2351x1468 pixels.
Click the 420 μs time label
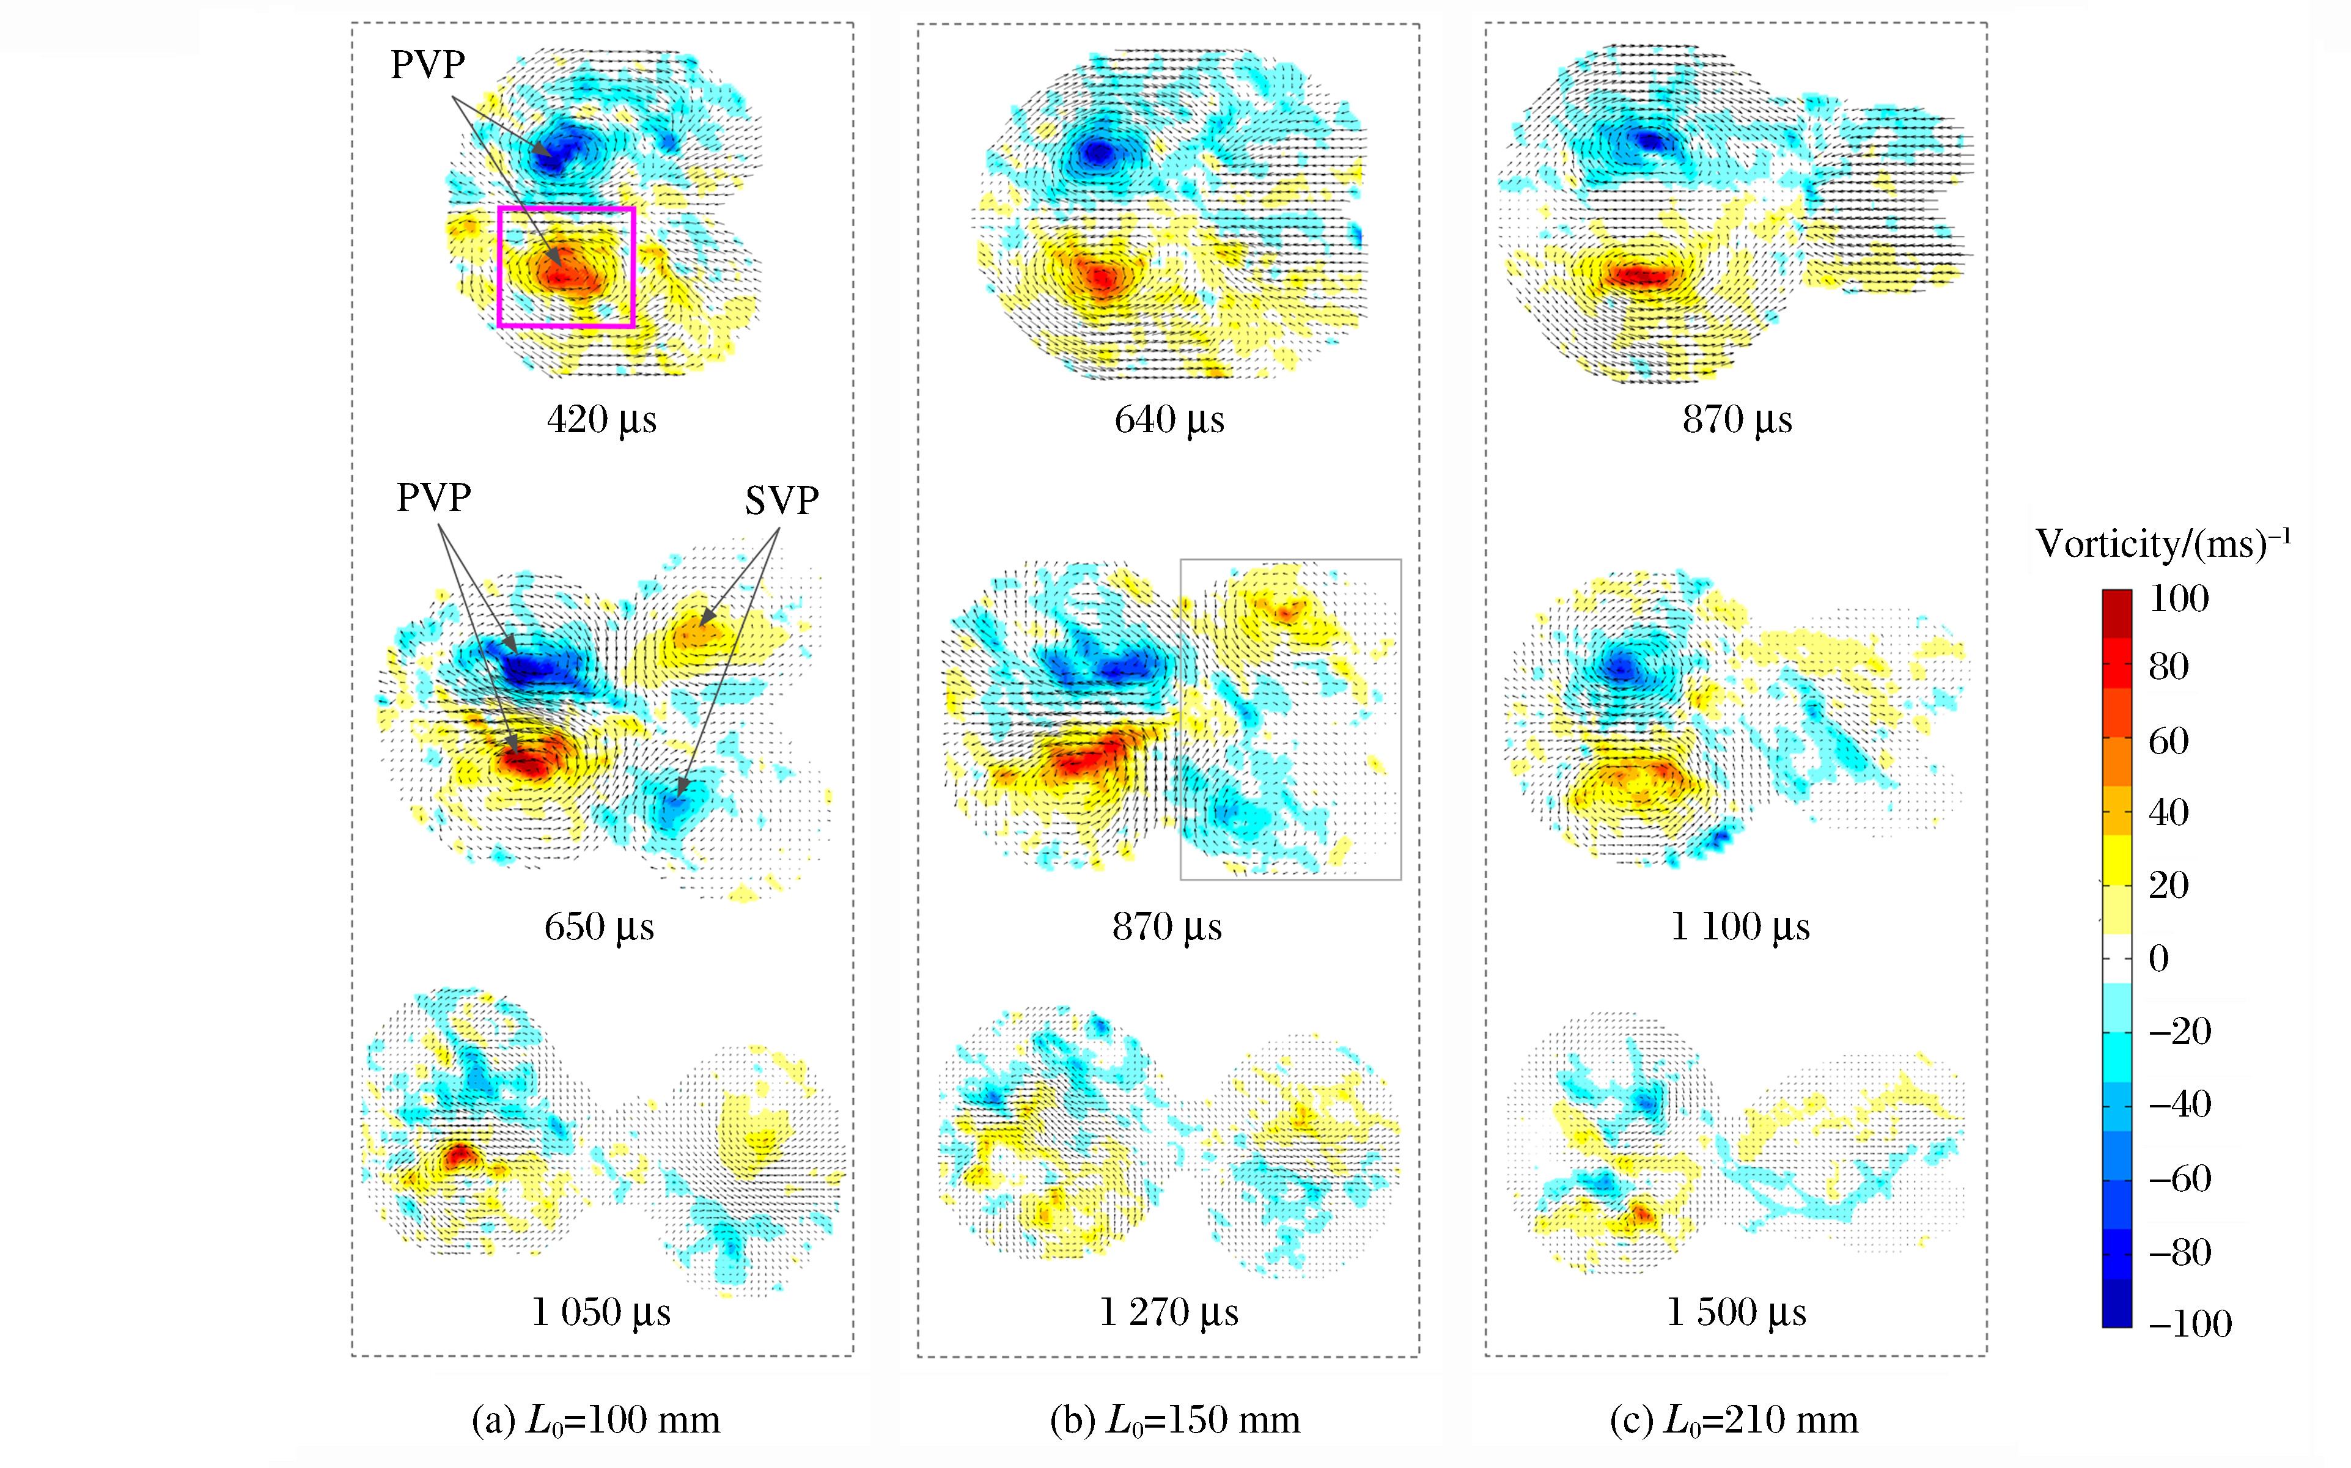601,419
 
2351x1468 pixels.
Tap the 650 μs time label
598,927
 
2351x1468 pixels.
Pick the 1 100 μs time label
1739,927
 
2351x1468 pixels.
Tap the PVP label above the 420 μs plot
427,65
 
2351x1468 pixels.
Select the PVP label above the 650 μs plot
433,497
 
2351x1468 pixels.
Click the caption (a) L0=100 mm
595,1420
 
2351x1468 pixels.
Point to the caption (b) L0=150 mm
1174,1420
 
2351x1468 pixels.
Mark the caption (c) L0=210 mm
1734,1420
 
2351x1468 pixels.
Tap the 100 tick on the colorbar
2178,598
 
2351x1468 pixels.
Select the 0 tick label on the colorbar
2158,958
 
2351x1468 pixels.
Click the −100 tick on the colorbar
2190,1323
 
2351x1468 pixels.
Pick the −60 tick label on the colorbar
2179,1179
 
